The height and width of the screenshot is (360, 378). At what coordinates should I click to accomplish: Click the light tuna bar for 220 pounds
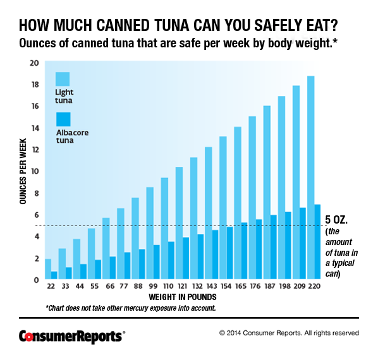(310, 177)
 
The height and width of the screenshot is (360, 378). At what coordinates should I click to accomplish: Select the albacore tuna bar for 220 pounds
(317, 242)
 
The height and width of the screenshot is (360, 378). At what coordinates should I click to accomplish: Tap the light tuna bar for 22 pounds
(48, 269)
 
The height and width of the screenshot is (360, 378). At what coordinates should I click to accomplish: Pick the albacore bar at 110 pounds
(171, 260)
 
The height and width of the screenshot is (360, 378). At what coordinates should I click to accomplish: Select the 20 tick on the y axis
(34, 63)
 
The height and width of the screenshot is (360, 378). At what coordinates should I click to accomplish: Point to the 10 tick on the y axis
(34, 171)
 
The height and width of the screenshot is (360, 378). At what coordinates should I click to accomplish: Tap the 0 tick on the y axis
(36, 280)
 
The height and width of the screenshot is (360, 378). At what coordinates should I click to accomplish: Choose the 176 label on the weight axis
(252, 286)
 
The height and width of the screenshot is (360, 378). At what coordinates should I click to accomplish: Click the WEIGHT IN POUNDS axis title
(183, 296)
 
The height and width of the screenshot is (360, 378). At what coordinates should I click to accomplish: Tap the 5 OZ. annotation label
(336, 220)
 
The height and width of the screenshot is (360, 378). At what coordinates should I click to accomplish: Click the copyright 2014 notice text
(289, 332)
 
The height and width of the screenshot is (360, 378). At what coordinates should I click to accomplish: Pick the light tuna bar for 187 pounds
(267, 193)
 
